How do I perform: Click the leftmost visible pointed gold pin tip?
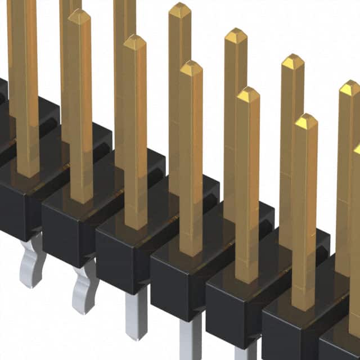click(79, 17)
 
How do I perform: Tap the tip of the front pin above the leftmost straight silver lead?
click(134, 42)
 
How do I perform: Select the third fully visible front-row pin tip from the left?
click(191, 67)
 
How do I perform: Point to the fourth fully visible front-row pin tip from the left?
click(247, 94)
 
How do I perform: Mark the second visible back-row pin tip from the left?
click(236, 35)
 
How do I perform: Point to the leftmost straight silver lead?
click(137, 315)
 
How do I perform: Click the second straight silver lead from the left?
click(190, 340)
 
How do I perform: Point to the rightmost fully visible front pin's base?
click(304, 304)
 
